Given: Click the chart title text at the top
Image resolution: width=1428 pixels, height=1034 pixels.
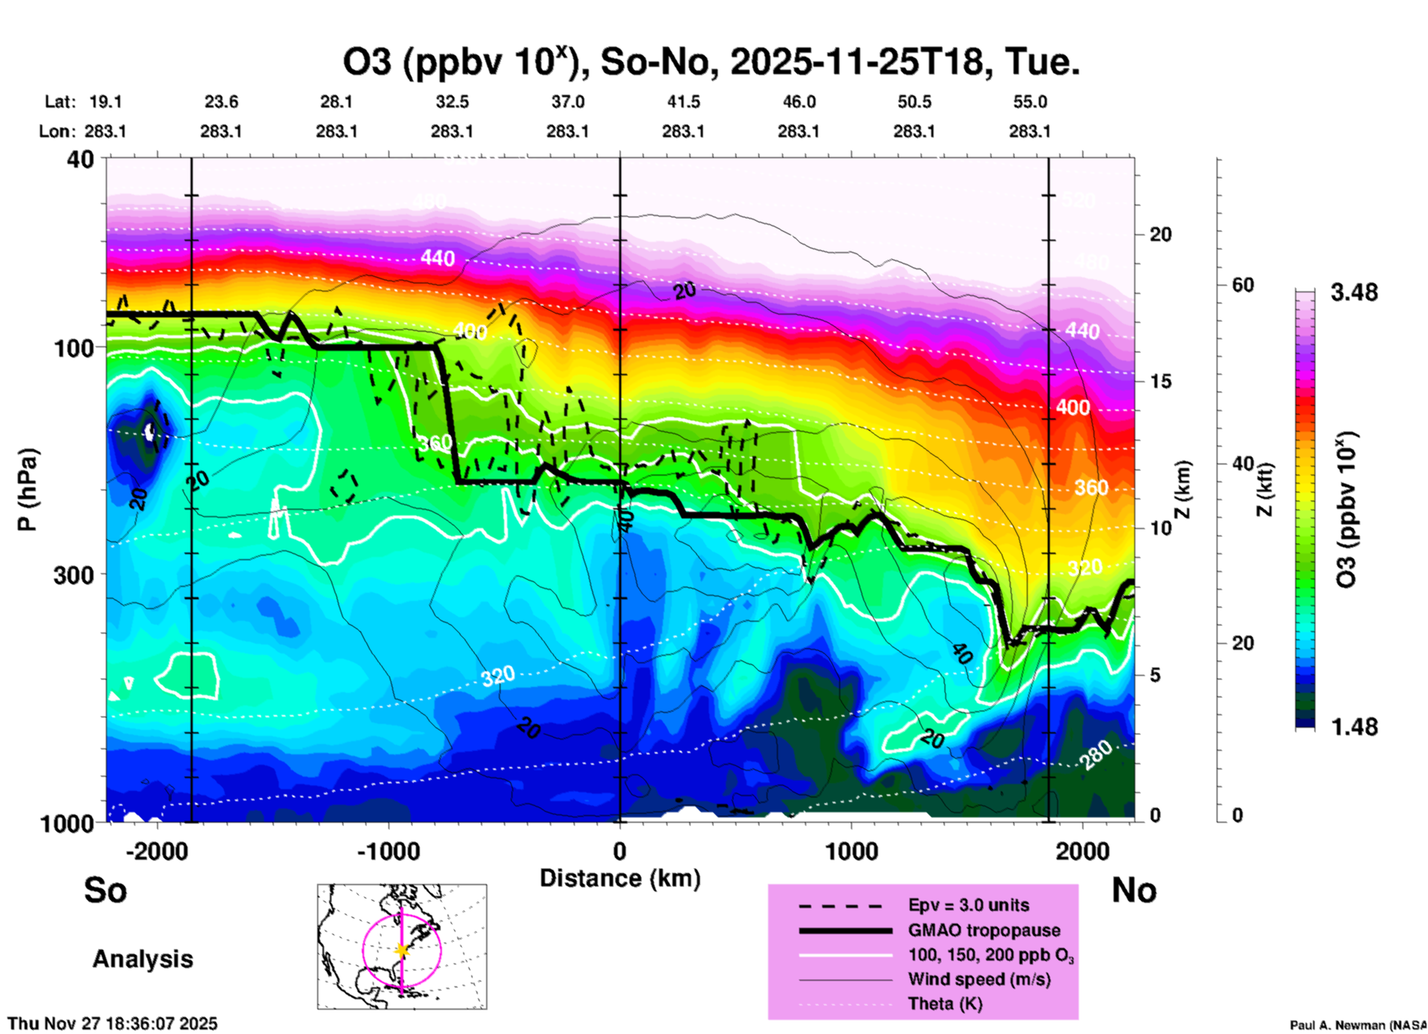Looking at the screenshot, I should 710,62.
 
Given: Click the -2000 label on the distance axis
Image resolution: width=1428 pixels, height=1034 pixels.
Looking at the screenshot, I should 157,851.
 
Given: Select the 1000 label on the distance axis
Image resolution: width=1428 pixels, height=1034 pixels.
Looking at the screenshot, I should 851,851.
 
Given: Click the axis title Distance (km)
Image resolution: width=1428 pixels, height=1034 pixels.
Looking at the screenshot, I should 620,878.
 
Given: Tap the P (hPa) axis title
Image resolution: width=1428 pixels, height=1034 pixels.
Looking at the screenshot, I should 27,490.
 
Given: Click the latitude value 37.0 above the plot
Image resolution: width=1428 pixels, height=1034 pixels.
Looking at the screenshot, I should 567,102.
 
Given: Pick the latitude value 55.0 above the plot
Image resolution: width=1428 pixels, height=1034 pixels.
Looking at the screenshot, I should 1030,102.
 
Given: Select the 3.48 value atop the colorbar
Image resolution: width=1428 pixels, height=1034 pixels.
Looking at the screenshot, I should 1354,293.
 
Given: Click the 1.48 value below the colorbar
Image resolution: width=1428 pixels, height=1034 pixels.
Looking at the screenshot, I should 1354,727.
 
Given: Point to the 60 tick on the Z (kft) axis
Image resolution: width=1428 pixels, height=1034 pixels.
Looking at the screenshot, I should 1243,285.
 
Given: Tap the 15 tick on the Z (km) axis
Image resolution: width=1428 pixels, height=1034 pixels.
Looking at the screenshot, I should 1160,381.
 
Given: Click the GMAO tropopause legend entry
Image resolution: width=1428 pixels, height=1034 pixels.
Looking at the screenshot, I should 984,930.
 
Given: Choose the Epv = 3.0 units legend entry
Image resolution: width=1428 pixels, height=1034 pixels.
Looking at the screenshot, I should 968,905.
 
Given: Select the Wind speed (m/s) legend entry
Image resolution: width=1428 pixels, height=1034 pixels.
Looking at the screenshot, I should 979,980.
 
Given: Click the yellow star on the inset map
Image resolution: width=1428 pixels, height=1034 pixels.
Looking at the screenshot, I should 402,950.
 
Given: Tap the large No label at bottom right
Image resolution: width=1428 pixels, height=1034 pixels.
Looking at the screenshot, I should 1134,890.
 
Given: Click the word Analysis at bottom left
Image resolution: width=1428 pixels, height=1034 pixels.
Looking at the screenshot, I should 142,959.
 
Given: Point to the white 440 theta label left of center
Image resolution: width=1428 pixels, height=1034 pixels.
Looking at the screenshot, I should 437,258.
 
